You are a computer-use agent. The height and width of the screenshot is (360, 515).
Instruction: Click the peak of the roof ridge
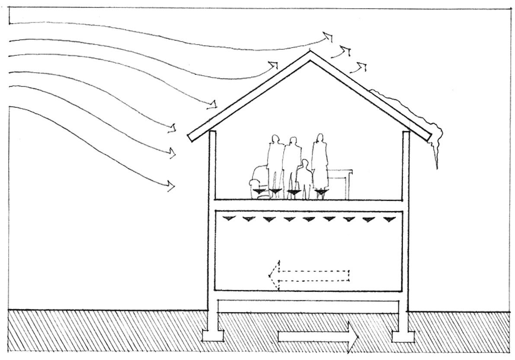[x=310, y=54]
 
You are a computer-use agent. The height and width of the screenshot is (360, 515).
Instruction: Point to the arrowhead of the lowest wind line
[x=171, y=186]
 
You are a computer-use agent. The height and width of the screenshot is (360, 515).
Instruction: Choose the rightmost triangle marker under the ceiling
[x=389, y=219]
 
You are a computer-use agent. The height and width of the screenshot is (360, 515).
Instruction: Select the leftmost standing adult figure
[x=274, y=160]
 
